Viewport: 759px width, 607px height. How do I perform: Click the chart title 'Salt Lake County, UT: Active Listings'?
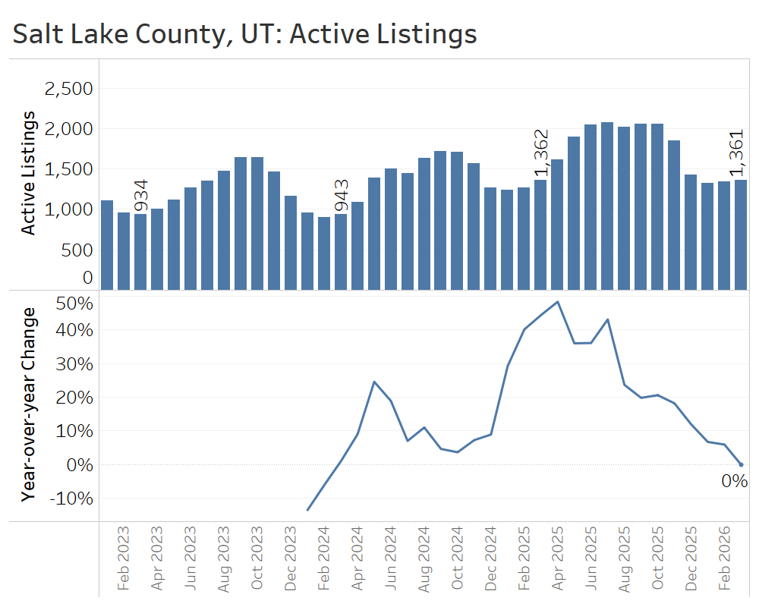244,34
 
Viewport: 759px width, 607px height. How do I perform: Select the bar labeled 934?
140,251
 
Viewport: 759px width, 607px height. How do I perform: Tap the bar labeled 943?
341,251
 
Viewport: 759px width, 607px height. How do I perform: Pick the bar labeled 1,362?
540,234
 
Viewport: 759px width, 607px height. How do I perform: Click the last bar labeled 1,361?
741,234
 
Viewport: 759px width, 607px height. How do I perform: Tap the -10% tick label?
72,498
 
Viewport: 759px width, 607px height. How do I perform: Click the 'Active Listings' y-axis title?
28,173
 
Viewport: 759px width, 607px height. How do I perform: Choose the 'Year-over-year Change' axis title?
28,404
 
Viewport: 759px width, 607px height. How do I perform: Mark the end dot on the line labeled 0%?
741,464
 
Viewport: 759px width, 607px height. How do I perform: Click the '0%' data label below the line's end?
734,482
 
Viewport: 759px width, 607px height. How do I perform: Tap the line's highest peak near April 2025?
558,302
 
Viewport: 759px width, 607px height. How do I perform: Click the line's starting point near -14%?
307,510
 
